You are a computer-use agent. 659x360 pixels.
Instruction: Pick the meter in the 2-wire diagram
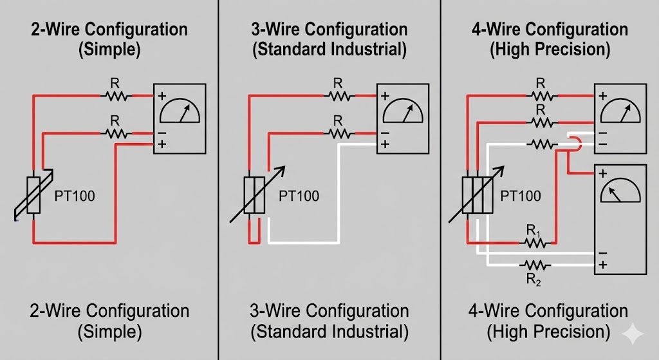pos(179,118)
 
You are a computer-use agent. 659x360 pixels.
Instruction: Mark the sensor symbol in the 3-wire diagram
pos(254,194)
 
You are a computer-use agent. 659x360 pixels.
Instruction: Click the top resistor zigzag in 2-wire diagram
pos(116,96)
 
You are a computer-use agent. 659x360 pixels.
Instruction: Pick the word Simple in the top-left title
pos(108,50)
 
